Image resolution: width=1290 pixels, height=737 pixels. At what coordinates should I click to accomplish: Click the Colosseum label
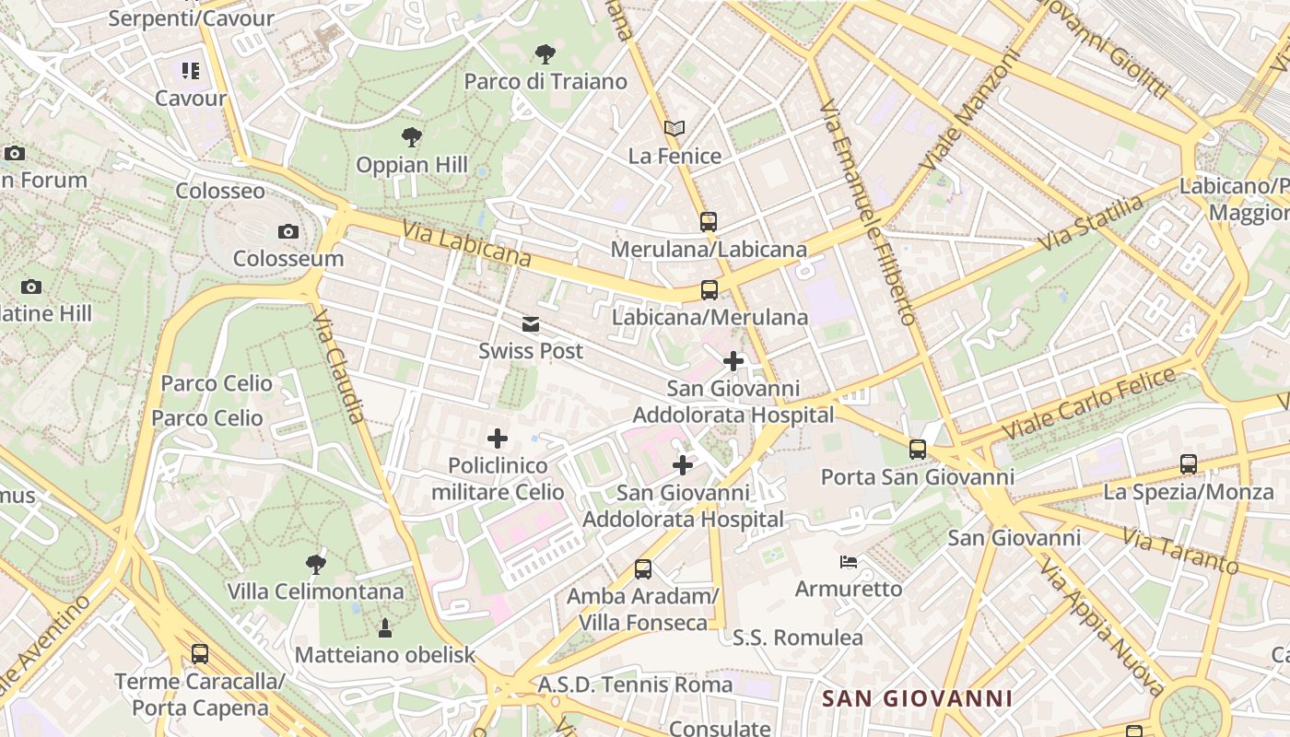[x=288, y=258]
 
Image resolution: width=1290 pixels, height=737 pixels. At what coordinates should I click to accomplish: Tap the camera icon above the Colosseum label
[x=288, y=231]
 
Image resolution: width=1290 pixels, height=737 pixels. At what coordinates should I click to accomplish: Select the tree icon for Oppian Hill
[x=412, y=138]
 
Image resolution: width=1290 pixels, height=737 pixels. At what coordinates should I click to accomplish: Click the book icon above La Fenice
[x=674, y=129]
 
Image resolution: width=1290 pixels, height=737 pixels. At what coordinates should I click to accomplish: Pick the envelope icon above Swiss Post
[x=531, y=324]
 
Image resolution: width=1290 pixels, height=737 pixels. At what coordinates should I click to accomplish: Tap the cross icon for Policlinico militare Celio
[x=498, y=439]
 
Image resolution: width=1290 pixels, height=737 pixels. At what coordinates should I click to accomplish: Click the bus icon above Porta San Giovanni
[x=917, y=450]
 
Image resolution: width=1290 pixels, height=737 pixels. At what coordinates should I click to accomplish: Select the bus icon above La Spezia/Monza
[x=1189, y=464]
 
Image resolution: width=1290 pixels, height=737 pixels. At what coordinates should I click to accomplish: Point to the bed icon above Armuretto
[x=849, y=562]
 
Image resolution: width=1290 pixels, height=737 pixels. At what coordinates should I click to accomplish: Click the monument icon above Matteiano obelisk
[x=385, y=628]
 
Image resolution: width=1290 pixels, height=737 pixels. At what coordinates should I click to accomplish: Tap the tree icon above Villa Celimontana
[x=315, y=564]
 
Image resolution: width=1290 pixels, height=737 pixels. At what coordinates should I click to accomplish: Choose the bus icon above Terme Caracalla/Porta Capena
[x=200, y=654]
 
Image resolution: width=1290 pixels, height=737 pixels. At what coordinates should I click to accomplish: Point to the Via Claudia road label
[x=339, y=366]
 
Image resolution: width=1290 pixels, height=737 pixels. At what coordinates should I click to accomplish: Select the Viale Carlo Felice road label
[x=1089, y=403]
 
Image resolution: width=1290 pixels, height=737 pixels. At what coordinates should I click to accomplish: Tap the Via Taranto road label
[x=1180, y=550]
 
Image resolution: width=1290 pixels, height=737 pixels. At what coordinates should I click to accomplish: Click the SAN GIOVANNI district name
[x=917, y=698]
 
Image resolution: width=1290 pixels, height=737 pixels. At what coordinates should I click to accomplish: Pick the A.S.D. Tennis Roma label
[x=636, y=684]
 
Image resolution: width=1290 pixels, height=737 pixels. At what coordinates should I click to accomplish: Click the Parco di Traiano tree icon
[x=545, y=54]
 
